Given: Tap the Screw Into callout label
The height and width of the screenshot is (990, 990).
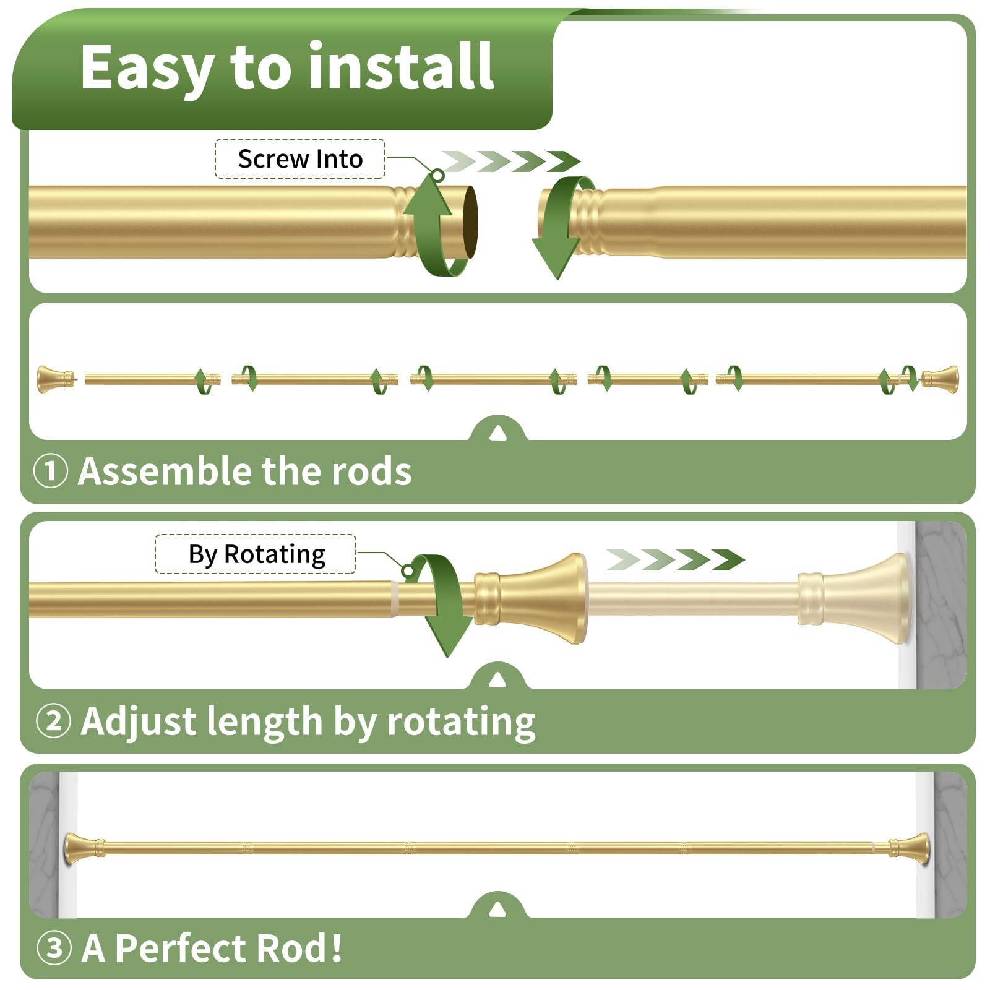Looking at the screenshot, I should click(300, 159).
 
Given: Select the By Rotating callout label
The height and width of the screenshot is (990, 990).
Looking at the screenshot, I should click(256, 554).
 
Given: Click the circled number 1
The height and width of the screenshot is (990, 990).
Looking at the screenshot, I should click(50, 471).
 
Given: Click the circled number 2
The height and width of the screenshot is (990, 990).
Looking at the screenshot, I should click(53, 721).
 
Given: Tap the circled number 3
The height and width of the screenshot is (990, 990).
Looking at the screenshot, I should click(54, 947).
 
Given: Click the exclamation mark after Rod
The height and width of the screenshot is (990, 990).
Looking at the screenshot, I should click(336, 947).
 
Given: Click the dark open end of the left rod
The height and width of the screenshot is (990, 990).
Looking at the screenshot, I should click(470, 222).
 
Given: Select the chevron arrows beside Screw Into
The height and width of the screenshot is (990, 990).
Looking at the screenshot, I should click(511, 161).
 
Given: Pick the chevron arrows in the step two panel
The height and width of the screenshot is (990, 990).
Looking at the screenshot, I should click(675, 560).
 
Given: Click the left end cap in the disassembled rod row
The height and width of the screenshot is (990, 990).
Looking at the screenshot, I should click(54, 379).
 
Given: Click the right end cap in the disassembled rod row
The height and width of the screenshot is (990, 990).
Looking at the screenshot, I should click(940, 378).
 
